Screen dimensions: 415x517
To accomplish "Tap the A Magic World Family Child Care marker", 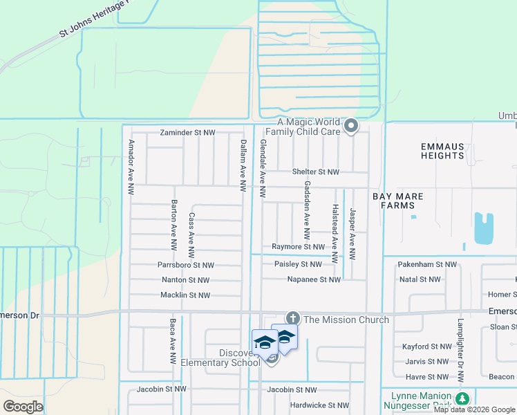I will (351, 126).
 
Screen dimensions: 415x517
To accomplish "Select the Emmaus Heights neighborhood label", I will (442, 151).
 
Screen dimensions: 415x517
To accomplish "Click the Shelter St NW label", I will (316, 172).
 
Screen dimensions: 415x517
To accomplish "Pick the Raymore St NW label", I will (298, 247).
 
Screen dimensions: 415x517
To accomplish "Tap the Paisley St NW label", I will (298, 264).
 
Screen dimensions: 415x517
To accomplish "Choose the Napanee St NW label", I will (314, 279).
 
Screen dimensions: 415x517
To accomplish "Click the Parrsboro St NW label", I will (186, 265).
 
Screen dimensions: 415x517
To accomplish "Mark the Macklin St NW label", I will (185, 295).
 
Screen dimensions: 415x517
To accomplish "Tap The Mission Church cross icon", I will (292, 318).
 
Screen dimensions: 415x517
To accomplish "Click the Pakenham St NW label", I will (428, 264).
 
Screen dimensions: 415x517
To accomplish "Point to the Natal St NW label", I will (420, 279).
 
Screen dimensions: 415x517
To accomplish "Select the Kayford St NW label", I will (426, 347).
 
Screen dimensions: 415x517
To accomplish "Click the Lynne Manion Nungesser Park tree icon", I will (462, 398).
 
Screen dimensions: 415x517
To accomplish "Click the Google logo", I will (23, 407).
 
